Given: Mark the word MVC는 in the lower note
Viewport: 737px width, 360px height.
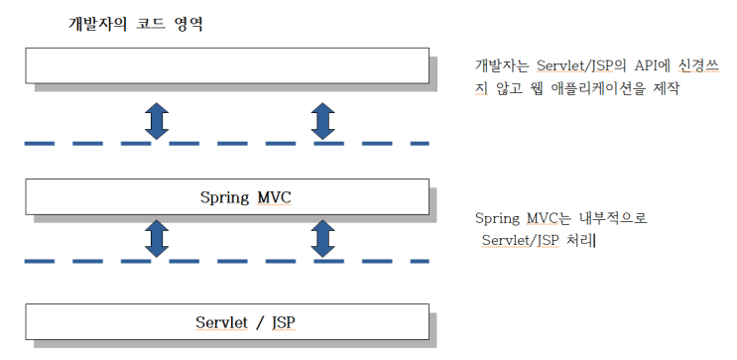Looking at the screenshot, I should (x=545, y=218).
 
